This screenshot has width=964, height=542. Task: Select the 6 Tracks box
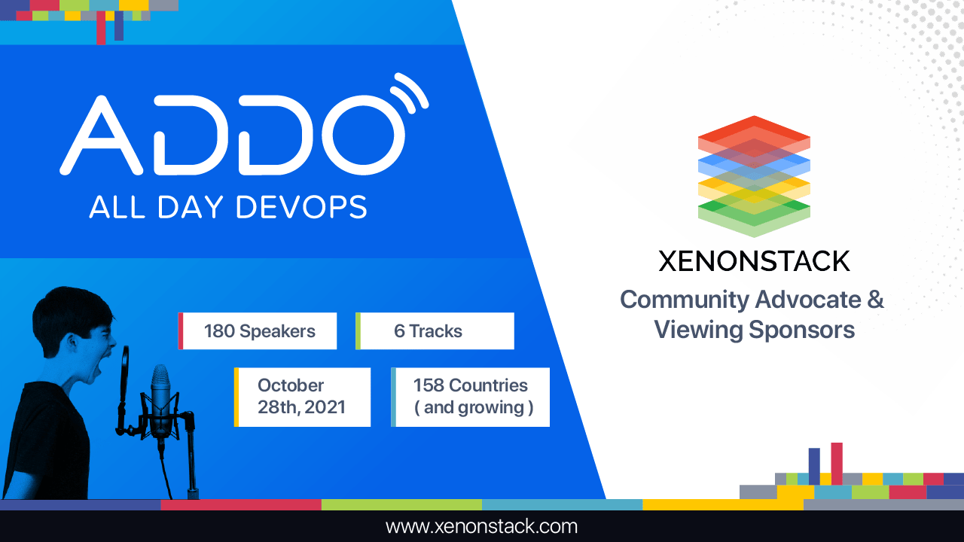pyautogui.click(x=435, y=331)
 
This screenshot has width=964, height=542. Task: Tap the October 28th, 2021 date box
pyautogui.click(x=303, y=397)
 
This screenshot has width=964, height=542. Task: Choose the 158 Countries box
pyautogui.click(x=471, y=397)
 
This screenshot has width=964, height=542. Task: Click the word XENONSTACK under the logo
pyautogui.click(x=754, y=261)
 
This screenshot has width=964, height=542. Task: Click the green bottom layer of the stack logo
pyautogui.click(x=753, y=214)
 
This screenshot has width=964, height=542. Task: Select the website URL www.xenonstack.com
pyautogui.click(x=481, y=526)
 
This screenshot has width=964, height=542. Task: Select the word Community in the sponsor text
pyautogui.click(x=684, y=300)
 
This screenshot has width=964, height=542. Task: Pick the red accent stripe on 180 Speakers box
pyautogui.click(x=181, y=331)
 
